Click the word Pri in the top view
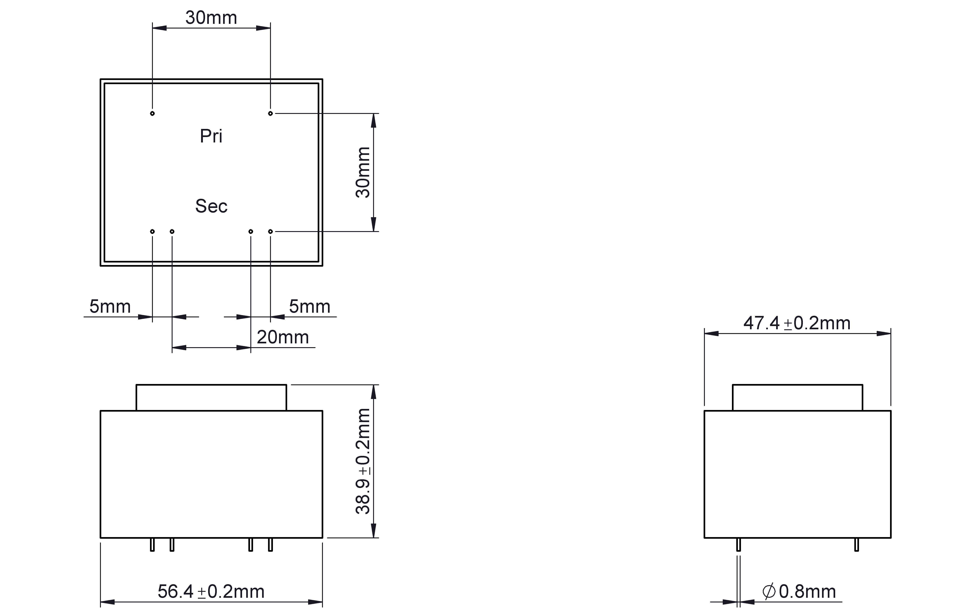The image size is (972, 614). pos(211,136)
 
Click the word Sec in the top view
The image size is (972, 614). pos(211,206)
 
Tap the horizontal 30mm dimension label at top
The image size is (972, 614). pos(211,18)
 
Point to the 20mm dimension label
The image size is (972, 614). pos(282,337)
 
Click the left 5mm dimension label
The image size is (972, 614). pos(110,307)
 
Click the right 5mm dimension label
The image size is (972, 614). pos(310,307)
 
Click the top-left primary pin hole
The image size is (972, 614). pos(152,113)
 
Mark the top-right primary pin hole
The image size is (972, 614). pos(270,113)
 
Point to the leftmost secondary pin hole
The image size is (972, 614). pos(152,231)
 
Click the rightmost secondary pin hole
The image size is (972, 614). pos(270,231)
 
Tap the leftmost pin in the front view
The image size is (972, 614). pos(152,544)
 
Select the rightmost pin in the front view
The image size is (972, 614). pos(270,544)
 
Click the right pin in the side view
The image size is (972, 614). pos(856,544)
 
